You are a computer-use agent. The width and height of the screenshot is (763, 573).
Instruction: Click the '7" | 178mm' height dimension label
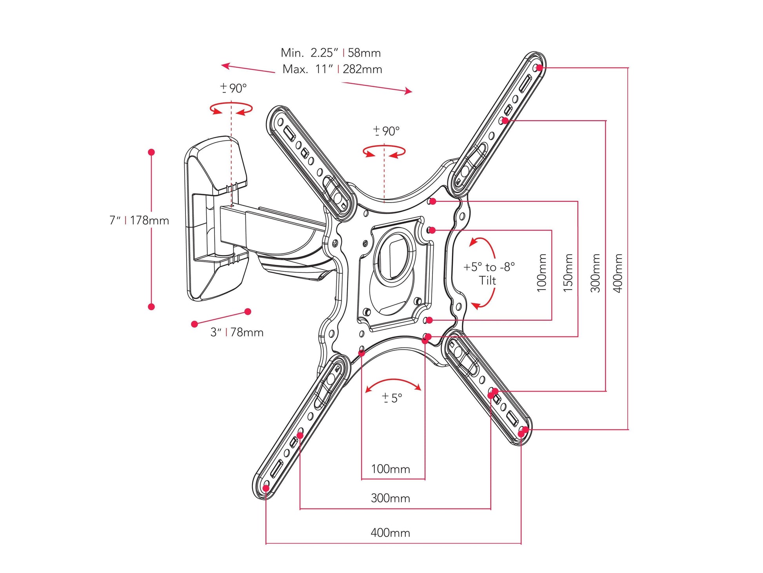click(x=139, y=220)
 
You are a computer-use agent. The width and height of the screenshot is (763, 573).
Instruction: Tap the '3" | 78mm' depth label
click(x=236, y=332)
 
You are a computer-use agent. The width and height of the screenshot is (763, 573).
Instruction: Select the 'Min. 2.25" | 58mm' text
click(x=331, y=53)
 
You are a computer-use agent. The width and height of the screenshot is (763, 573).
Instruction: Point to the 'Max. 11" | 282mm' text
click(x=332, y=69)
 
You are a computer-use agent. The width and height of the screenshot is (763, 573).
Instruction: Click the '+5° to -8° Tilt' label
click(x=489, y=274)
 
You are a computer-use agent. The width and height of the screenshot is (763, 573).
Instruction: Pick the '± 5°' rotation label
click(x=392, y=398)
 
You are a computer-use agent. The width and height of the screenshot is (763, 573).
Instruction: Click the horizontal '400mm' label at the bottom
click(x=390, y=533)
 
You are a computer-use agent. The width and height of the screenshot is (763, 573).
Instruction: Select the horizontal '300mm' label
click(x=390, y=498)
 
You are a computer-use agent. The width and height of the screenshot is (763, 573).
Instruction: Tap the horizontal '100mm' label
click(x=390, y=469)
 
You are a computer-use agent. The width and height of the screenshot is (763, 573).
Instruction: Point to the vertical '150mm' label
click(x=568, y=272)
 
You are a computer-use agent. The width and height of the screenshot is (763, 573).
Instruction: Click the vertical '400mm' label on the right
click(x=618, y=272)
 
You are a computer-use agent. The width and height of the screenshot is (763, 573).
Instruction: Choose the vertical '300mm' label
click(x=595, y=272)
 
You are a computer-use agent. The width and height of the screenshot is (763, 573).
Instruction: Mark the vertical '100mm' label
click(x=541, y=272)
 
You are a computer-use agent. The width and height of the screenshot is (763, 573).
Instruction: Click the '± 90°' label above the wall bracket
click(x=233, y=88)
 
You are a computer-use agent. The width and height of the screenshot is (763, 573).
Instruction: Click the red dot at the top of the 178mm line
click(x=151, y=152)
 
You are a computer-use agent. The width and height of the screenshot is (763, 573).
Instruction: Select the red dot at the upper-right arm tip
click(x=540, y=68)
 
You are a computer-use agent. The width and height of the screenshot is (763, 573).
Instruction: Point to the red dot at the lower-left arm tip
click(x=266, y=488)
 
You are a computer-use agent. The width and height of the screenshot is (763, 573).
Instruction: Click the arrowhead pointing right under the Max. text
click(x=409, y=91)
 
